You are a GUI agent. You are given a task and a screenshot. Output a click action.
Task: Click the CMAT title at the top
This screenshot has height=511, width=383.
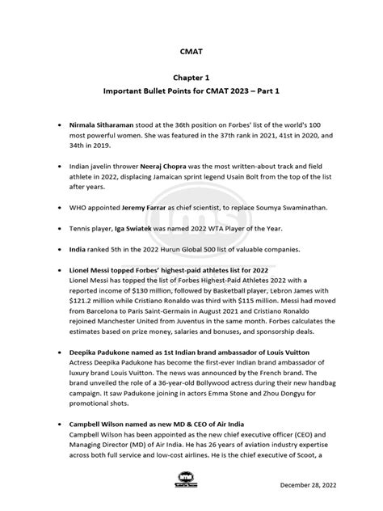click(191, 50)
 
